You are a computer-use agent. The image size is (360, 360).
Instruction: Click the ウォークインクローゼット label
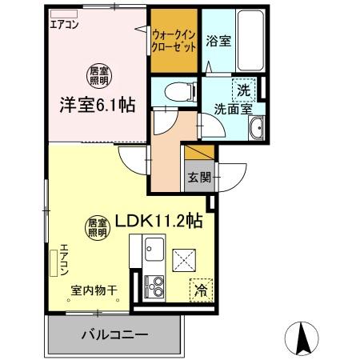point(174,41)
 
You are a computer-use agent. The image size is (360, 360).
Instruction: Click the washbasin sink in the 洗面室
point(257,130)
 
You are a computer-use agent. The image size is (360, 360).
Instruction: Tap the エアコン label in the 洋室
point(66,24)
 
